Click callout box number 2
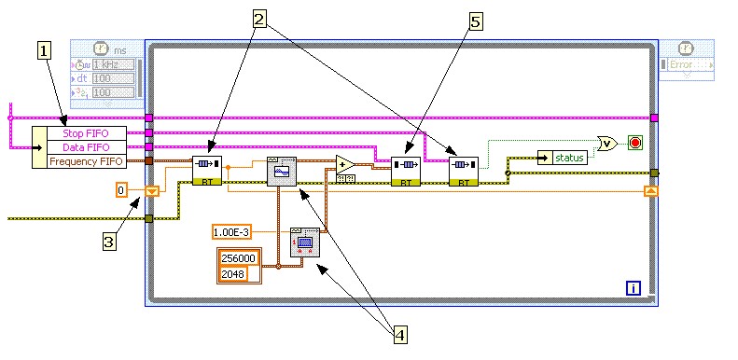259,18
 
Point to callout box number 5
476,22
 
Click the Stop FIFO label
86,133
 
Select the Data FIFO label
86,147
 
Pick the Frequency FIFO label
86,161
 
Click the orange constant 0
120,190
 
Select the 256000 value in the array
235,259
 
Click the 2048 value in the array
235,273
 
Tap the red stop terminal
635,143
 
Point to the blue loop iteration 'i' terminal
634,288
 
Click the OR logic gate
607,143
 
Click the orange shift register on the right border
651,191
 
